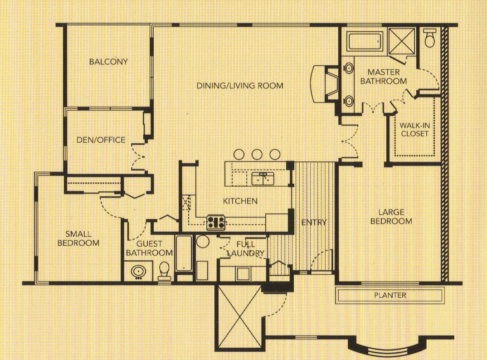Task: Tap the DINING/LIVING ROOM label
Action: (240, 85)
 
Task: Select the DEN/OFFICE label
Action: (101, 140)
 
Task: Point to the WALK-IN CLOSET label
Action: (414, 130)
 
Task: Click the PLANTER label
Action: (390, 295)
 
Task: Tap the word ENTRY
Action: (314, 223)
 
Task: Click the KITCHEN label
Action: (240, 201)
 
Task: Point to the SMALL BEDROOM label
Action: (78, 238)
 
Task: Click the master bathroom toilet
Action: (430, 38)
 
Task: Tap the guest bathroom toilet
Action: (164, 271)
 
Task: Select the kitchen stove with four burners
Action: (216, 223)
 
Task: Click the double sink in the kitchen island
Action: (263, 179)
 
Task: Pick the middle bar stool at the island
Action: (257, 154)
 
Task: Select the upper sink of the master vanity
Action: (349, 68)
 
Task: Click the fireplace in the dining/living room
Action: (325, 83)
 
